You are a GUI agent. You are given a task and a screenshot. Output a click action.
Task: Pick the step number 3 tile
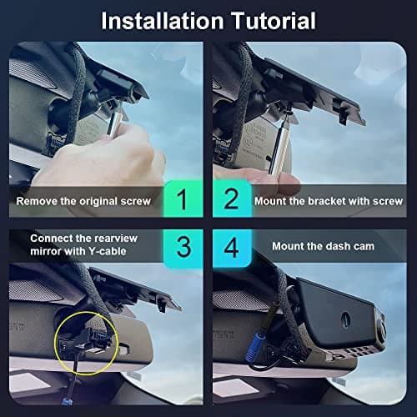tap(184, 247)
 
